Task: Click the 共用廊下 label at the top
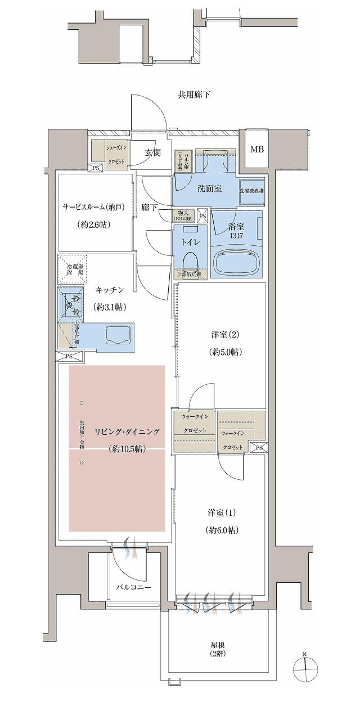pyautogui.click(x=194, y=95)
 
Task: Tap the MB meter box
pyautogui.click(x=256, y=150)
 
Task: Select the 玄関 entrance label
pyautogui.click(x=153, y=152)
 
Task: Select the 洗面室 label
pyautogui.click(x=209, y=188)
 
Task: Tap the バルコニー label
pyautogui.click(x=133, y=587)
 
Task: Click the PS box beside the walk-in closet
pyautogui.click(x=259, y=448)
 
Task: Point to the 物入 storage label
pyautogui.click(x=186, y=215)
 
